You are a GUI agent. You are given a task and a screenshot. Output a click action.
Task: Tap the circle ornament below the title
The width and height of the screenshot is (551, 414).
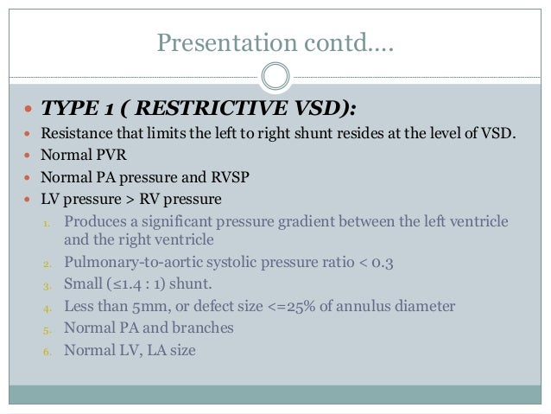[275, 76]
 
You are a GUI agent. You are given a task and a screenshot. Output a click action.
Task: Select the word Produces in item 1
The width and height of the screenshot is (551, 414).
[98, 222]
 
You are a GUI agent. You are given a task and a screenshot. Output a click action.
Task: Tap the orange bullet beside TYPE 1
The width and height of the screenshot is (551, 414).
[30, 110]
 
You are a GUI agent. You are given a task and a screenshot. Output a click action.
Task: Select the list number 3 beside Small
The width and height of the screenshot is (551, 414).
[48, 284]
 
